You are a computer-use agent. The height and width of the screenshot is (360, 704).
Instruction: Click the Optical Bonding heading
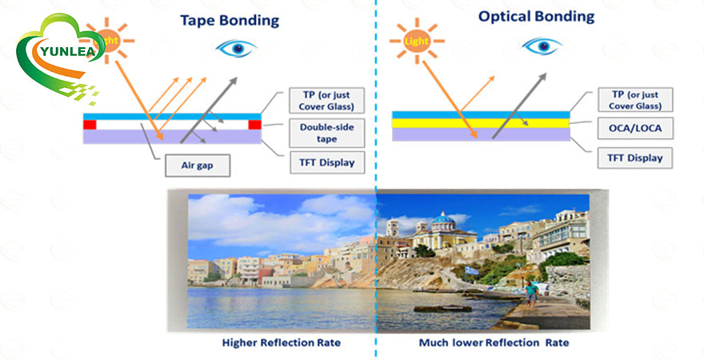536,16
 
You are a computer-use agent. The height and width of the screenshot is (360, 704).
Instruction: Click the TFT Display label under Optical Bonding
635,158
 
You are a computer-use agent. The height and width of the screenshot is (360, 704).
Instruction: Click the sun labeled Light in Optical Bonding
414,38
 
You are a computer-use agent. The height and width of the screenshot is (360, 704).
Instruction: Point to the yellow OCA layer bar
480,124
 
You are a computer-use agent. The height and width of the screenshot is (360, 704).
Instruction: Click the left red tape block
90,125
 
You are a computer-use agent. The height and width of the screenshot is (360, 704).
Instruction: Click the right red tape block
255,125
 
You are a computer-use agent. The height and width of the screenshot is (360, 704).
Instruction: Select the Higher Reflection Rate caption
282,342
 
